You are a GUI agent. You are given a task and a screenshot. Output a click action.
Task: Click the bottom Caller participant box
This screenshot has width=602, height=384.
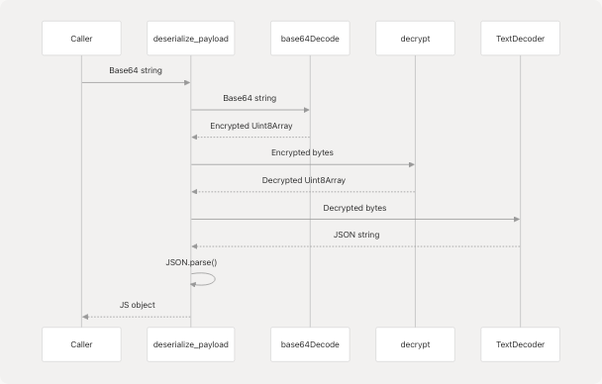coord(81,344)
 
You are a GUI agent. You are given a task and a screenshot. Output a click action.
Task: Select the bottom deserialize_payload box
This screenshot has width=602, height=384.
coord(191,344)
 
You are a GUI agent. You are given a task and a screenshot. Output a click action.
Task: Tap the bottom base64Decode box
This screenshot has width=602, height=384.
coord(310,344)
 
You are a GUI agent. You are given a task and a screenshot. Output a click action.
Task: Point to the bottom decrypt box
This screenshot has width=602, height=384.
coord(415,344)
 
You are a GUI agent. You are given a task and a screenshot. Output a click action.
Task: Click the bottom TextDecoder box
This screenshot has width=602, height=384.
coord(520,344)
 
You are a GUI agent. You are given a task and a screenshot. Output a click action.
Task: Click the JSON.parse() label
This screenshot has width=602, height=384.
coord(191,262)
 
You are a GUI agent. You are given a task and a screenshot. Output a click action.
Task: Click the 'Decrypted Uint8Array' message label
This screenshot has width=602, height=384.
coord(303,180)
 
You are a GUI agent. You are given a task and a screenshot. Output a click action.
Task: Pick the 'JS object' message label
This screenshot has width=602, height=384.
coord(137,305)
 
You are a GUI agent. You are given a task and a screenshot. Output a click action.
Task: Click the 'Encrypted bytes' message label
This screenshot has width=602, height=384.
coord(302,153)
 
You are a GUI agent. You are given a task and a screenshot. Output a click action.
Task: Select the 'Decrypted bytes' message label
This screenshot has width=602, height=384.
coord(354,208)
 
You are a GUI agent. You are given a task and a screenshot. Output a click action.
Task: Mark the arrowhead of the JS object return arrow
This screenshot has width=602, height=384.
coord(86,317)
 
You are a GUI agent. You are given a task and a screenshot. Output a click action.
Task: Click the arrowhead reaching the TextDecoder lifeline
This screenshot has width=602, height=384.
coord(515,219)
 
